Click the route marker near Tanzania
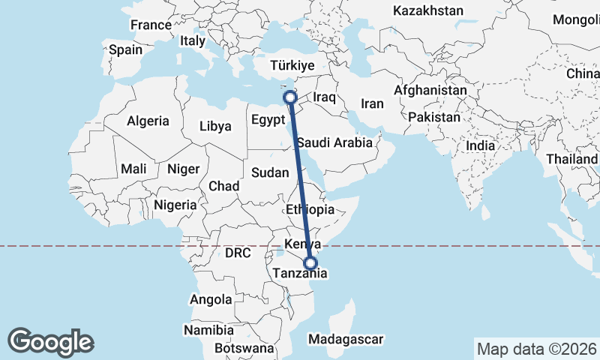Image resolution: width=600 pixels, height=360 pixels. click(x=310, y=263)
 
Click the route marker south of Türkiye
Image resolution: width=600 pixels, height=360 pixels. click(x=289, y=97)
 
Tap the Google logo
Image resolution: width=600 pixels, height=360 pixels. click(x=50, y=341)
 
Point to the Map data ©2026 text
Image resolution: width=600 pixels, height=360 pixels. click(x=537, y=349)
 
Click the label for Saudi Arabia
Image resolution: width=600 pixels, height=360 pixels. click(x=334, y=142)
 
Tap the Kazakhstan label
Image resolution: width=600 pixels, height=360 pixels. click(x=428, y=11)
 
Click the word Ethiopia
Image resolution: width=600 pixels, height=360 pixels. click(x=310, y=210)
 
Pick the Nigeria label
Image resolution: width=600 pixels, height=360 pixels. click(x=175, y=205)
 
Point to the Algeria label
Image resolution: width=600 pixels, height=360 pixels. click(x=148, y=121)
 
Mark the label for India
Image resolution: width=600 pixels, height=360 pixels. click(x=481, y=145)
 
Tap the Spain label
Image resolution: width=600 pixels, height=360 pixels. click(x=125, y=50)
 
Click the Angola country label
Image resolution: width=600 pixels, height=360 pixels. click(x=211, y=300)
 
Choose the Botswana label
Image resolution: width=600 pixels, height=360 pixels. click(x=244, y=349)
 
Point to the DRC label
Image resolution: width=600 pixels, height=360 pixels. click(x=237, y=253)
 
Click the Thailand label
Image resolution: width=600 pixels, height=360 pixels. click(x=572, y=160)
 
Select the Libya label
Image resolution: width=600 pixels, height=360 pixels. click(x=215, y=127)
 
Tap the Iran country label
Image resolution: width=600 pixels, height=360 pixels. click(x=372, y=104)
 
